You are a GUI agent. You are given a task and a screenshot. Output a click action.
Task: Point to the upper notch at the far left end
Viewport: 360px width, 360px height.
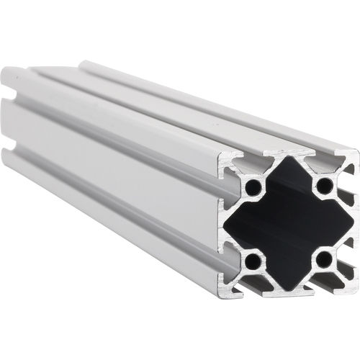pyautogui.click(x=11, y=94)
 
